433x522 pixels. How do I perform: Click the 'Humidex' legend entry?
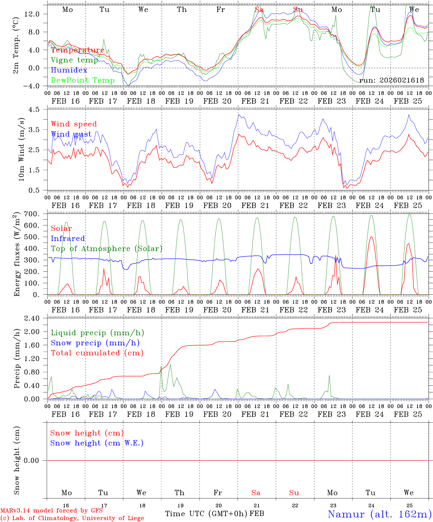(69, 70)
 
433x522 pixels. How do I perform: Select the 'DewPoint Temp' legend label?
(83, 80)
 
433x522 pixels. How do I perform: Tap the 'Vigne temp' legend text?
(74, 60)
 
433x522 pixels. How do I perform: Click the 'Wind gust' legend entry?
(71, 134)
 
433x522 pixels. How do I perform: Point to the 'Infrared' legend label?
(68, 239)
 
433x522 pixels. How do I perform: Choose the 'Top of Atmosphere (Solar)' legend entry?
(107, 249)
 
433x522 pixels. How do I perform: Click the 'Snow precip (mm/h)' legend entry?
(95, 343)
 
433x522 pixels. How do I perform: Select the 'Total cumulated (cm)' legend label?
(97, 353)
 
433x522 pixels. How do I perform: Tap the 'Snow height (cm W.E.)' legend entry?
(97, 443)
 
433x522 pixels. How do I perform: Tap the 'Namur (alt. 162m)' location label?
(379, 514)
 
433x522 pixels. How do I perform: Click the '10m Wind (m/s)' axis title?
(21, 149)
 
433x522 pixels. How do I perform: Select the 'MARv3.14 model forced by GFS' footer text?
(51, 510)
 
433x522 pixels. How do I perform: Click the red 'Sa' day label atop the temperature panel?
(259, 10)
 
